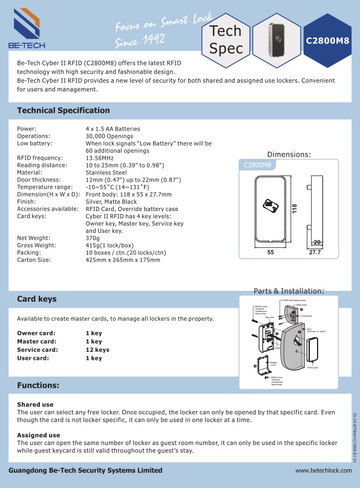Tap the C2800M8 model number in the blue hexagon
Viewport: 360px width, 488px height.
point(327,41)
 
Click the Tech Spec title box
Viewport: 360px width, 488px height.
point(225,39)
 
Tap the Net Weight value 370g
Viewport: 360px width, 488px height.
point(93,238)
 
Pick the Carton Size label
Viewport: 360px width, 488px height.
point(36,260)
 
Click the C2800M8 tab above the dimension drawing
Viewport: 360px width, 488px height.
point(257,164)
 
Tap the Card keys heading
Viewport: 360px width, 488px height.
point(37,299)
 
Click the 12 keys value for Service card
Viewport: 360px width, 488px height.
point(97,350)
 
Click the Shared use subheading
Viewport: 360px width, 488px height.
point(35,404)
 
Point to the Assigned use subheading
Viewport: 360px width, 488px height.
point(38,435)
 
